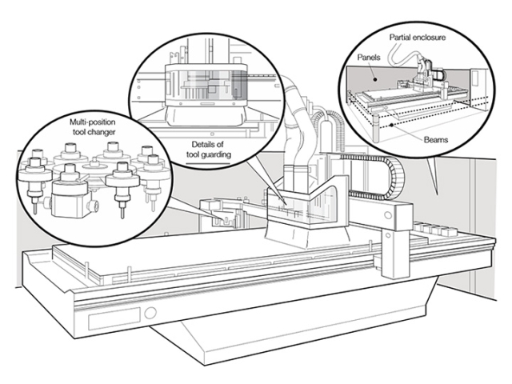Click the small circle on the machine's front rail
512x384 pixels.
[x=150, y=313]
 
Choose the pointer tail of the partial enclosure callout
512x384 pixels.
[x=432, y=176]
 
